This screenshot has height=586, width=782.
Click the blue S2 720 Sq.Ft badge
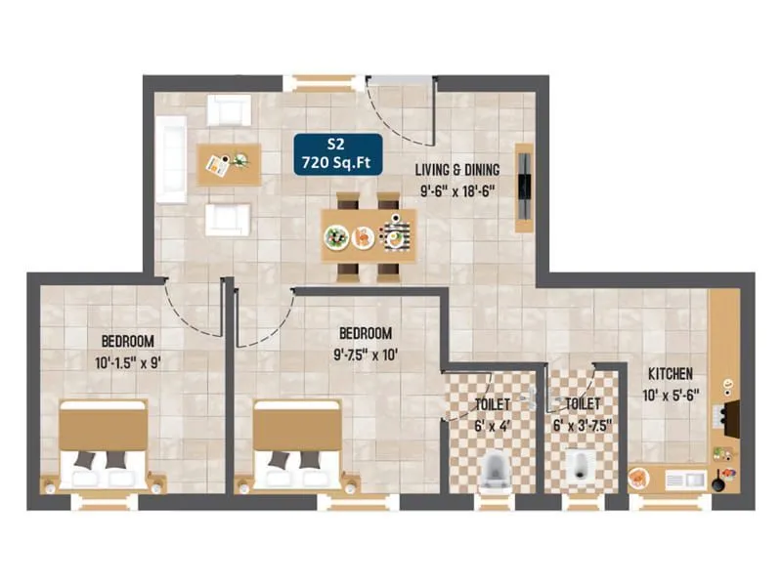(x=338, y=153)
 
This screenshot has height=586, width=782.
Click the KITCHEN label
(x=670, y=374)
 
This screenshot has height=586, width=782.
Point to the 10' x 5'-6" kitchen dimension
(x=670, y=397)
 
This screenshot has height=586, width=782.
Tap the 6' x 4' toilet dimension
(x=492, y=426)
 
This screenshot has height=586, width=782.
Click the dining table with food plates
(x=369, y=235)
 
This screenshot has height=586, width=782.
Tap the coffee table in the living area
(x=230, y=165)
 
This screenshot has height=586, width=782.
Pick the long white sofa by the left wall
(x=170, y=158)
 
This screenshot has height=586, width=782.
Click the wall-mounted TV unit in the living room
(x=525, y=188)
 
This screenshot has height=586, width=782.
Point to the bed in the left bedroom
(x=104, y=446)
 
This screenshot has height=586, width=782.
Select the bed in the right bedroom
(x=297, y=446)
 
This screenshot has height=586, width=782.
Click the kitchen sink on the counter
(x=683, y=480)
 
